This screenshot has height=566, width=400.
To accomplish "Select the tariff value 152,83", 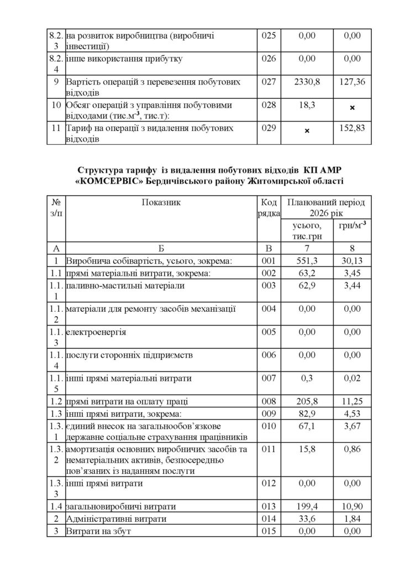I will pos(352,128).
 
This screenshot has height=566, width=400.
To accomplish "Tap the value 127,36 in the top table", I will pos(352,82).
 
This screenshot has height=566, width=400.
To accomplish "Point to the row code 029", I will pos(269,128).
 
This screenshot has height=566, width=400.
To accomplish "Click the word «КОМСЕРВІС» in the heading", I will pos(117,180).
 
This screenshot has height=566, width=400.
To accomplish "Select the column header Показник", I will pos(161,202).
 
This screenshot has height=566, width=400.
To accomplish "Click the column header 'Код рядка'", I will pos(270,207).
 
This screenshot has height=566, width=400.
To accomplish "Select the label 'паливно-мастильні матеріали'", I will pos(125,286).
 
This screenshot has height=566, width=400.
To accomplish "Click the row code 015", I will pos(269,531).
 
